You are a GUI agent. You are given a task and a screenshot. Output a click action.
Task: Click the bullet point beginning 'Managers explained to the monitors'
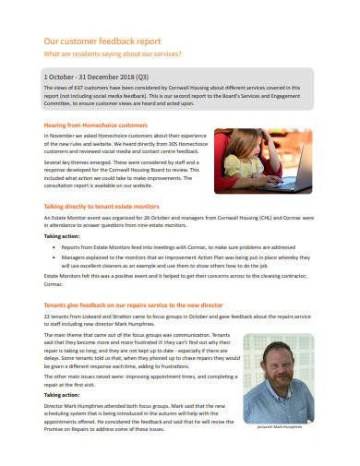point(175,261)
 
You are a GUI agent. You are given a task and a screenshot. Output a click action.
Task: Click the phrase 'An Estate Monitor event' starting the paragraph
point(70,216)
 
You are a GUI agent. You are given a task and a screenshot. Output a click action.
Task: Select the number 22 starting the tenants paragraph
point(47,317)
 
